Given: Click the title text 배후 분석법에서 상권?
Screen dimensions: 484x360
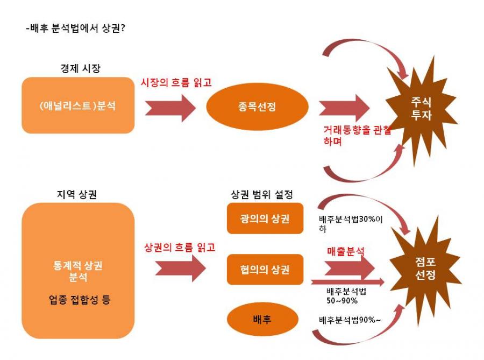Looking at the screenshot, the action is click(76, 28).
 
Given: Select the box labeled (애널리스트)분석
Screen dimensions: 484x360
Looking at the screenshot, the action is click(78, 105).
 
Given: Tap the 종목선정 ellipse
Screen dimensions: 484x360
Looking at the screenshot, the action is click(257, 107).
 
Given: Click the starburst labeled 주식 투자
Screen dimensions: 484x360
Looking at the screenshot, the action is click(421, 109).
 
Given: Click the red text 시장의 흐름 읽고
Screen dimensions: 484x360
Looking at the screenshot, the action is click(176, 82).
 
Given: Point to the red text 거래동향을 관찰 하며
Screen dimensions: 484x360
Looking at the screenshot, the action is click(357, 135).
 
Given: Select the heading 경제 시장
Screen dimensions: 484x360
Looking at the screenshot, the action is click(81, 68).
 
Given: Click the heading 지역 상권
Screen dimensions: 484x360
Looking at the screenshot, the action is click(77, 194).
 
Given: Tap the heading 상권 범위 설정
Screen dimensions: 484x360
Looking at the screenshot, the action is click(262, 194).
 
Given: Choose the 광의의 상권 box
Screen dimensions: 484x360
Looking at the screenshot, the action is click(265, 218).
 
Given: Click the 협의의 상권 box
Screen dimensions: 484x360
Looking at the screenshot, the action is click(265, 269).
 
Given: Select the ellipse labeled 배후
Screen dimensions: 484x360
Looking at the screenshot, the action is click(262, 319).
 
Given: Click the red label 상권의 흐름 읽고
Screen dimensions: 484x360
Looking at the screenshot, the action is click(180, 248).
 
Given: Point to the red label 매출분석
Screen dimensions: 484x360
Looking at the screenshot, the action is click(346, 251).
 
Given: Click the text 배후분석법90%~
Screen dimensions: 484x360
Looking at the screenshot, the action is click(350, 320).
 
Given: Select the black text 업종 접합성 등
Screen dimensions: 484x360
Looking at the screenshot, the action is click(80, 300).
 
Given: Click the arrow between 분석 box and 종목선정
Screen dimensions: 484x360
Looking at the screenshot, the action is click(170, 108).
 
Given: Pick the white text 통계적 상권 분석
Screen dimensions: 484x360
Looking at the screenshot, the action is click(78, 271).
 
